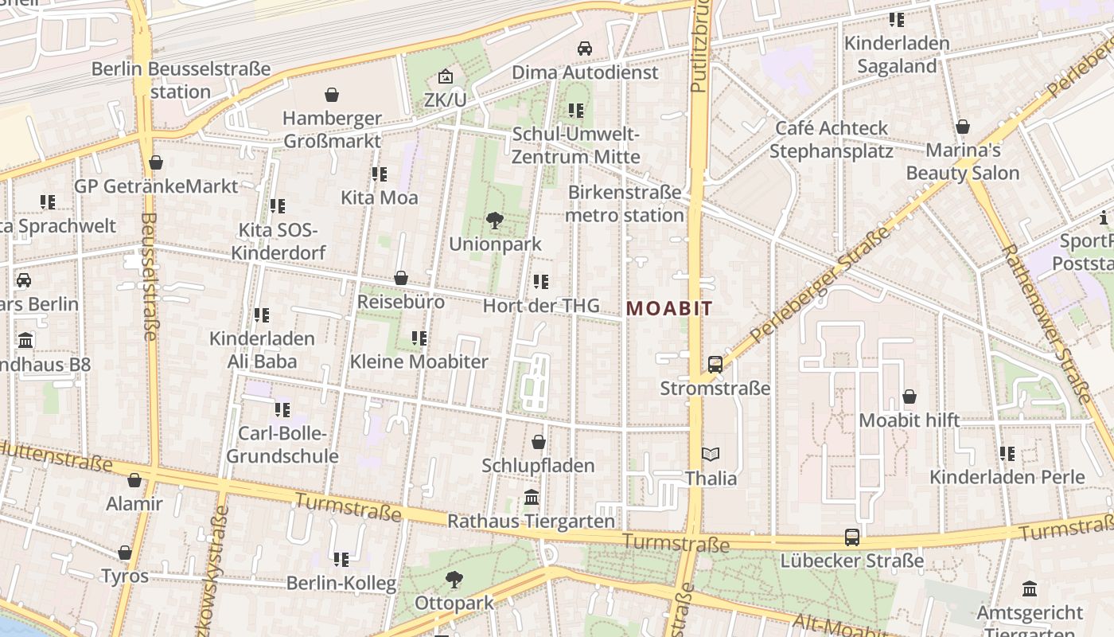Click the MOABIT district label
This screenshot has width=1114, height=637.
pos(669,309)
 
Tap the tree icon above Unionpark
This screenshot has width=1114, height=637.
pos(495,221)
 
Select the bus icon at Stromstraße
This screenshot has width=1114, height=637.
pos(715,365)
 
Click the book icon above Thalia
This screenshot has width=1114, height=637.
pos(711,455)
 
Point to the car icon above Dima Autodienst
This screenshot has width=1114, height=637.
pos(585,49)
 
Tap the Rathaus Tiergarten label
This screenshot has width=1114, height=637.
pos(532,522)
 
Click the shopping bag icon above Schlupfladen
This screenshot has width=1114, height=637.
pos(539,442)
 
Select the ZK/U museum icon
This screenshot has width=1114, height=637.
pos(446,77)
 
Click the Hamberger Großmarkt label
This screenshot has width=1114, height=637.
pos(332,130)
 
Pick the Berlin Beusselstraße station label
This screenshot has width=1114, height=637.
pos(181,80)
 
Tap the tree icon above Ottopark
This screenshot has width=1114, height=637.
pos(454,580)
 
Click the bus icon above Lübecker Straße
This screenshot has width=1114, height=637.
pos(852,537)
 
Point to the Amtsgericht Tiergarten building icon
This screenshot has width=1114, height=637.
pos(1030,590)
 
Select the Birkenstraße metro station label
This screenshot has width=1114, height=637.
pos(625,204)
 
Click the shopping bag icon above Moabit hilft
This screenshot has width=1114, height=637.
pos(910,397)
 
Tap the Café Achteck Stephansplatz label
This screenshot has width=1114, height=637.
pos(832,139)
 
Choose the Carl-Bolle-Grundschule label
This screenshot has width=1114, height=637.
pos(282,445)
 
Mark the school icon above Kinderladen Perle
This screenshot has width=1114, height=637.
pos(1007,454)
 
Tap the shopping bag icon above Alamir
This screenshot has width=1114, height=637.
pos(134,480)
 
